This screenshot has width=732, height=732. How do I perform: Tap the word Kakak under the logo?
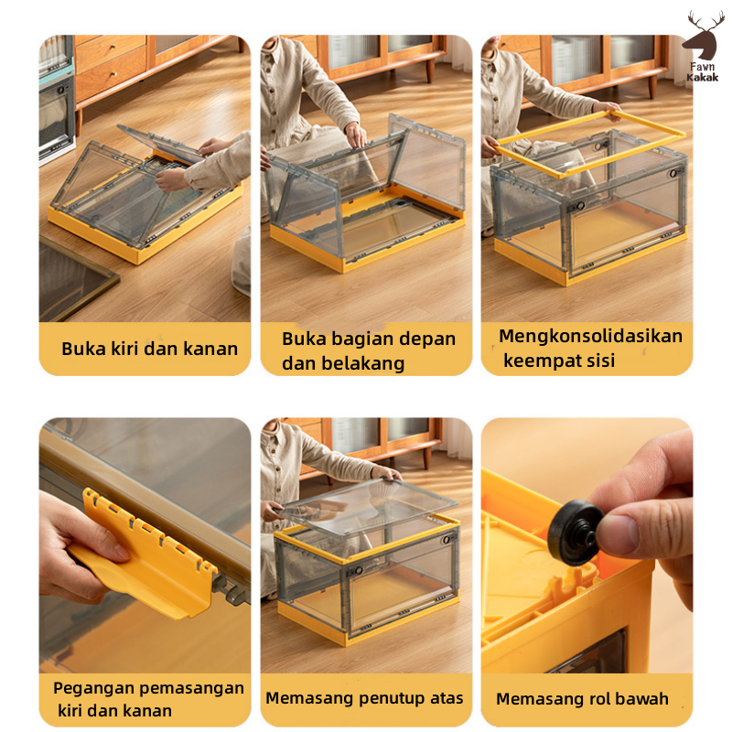pos(702,78)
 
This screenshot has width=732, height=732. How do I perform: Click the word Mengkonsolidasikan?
pos(590,336)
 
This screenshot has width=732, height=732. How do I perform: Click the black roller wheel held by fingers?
pos(573,533)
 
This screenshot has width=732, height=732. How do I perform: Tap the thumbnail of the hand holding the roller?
pos(587,545)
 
